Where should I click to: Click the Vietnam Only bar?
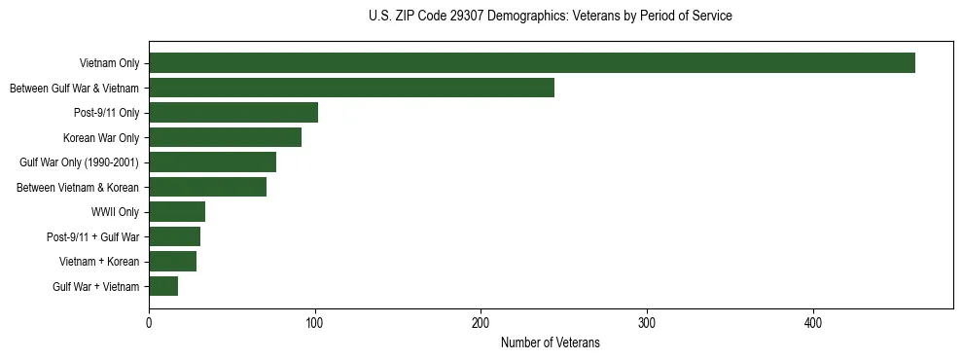click(532, 63)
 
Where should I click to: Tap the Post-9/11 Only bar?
click(233, 113)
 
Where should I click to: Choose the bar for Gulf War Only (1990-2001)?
click(212, 162)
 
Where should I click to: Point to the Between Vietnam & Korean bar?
click(207, 187)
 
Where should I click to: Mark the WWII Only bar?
click(177, 212)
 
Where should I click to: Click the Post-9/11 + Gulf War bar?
click(174, 236)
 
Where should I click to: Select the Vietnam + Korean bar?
click(172, 262)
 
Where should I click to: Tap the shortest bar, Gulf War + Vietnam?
click(163, 286)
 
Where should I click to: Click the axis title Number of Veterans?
click(550, 343)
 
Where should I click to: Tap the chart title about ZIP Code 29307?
click(550, 17)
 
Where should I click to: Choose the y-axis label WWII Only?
click(115, 212)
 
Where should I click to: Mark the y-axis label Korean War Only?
click(101, 138)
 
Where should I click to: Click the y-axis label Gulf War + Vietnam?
click(95, 287)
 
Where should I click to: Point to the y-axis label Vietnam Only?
click(109, 64)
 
